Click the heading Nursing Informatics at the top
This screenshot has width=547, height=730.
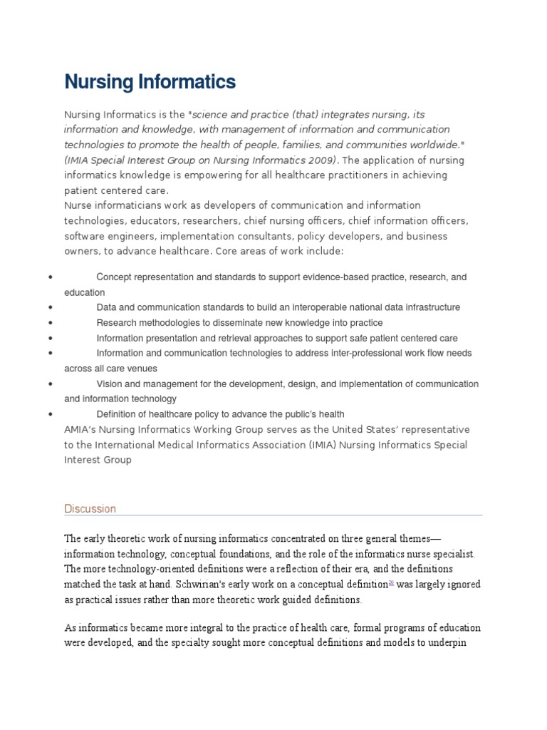click(x=150, y=82)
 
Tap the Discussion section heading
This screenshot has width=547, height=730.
click(x=90, y=508)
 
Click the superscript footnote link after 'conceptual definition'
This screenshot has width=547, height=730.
click(x=391, y=582)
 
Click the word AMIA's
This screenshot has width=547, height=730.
click(x=82, y=430)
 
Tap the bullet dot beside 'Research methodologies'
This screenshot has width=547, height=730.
click(x=51, y=323)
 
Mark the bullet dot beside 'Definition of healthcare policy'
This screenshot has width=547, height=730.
click(x=51, y=414)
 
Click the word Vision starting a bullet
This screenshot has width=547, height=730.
click(x=109, y=384)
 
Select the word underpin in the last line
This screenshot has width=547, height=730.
click(x=459, y=643)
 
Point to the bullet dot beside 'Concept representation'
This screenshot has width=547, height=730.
click(x=51, y=277)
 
